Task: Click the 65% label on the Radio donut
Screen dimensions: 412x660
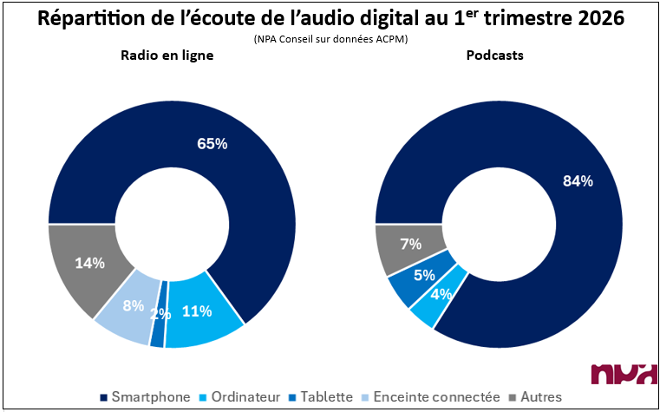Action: click(212, 144)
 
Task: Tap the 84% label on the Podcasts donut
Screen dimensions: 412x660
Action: click(577, 181)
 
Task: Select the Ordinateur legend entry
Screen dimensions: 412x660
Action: click(245, 397)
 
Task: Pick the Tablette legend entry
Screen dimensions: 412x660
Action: click(325, 397)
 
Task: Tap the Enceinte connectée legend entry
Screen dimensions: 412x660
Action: click(439, 397)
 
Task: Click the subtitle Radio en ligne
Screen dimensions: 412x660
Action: click(167, 55)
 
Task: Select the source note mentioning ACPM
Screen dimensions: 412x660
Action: click(330, 39)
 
